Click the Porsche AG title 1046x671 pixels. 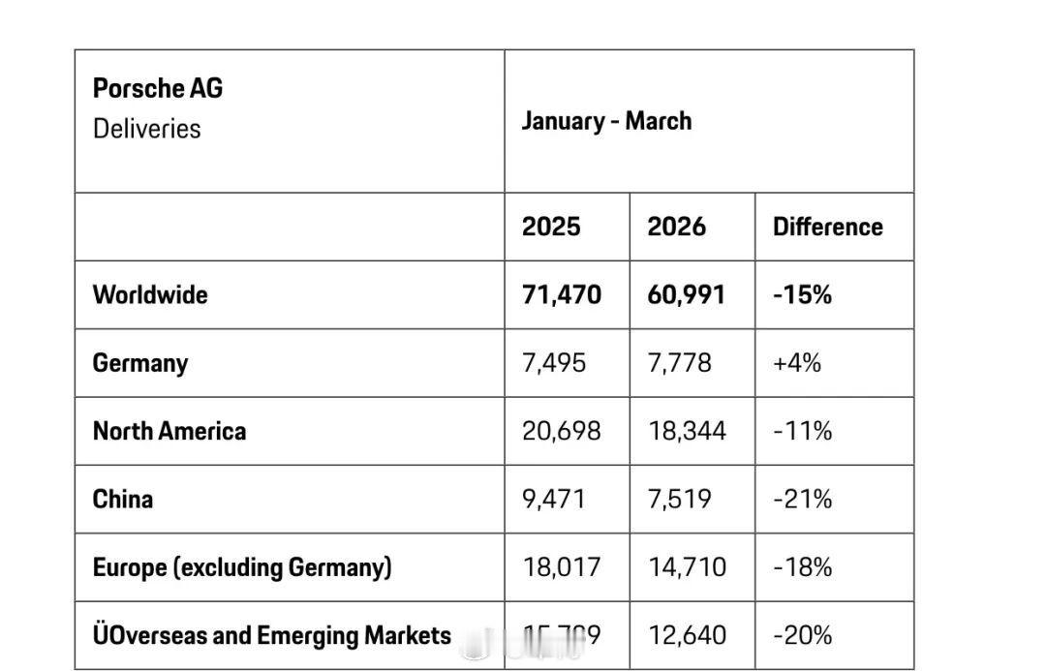point(158,89)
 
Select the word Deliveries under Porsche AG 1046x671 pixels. point(147,129)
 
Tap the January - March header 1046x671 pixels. point(606,121)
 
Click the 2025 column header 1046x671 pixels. point(551,227)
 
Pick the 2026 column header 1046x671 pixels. point(676,227)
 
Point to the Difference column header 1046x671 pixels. point(827,227)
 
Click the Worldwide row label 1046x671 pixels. point(150,294)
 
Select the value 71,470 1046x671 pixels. point(561,294)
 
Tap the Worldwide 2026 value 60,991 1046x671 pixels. point(686,294)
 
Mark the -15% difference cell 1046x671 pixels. point(802,294)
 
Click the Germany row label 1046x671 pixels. point(140,363)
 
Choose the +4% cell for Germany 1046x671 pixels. point(796,363)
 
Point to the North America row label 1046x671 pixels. point(169,431)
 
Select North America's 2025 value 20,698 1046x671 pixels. point(561,431)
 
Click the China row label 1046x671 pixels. point(123,499)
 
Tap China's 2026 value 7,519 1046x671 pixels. point(679,499)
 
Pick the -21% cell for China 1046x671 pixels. point(802,499)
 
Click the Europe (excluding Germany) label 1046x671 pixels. point(242,566)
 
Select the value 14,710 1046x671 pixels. point(686,566)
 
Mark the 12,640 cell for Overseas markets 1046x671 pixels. point(686,635)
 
